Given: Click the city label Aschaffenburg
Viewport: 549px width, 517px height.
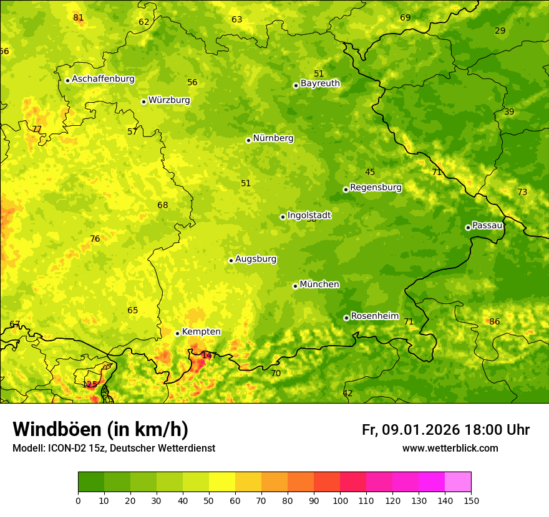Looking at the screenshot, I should [103, 79].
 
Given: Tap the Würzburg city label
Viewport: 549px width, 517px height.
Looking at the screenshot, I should [169, 100].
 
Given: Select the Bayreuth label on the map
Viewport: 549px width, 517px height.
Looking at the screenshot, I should [320, 83].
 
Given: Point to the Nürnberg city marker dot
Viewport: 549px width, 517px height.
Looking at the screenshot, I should [248, 140].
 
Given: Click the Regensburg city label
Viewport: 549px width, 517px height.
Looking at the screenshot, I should [376, 187].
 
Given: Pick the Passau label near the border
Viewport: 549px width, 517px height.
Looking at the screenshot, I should [487, 225].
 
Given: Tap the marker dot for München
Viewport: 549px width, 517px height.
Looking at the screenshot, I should [295, 286].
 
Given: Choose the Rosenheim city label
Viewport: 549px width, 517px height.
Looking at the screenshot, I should [374, 316].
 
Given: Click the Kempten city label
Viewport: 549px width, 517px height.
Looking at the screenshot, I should [201, 332].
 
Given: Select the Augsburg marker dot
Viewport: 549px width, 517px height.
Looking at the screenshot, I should [231, 260].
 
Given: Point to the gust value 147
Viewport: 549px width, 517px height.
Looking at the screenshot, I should [209, 356].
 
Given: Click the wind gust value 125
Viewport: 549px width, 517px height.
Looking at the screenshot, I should [90, 384].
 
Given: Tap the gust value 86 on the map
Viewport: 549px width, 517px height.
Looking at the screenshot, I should [494, 322].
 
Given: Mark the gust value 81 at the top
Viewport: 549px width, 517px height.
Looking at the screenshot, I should [78, 17].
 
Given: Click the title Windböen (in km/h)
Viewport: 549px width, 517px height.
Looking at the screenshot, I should [100, 429].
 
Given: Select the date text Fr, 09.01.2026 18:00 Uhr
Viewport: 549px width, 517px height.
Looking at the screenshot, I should [445, 430].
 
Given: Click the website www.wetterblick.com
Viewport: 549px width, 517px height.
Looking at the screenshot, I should [450, 448].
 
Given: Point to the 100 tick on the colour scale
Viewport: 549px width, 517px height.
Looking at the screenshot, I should [340, 500].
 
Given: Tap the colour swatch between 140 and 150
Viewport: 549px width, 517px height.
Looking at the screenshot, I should [457, 481].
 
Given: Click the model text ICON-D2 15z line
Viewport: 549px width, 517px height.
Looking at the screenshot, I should [114, 448].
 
